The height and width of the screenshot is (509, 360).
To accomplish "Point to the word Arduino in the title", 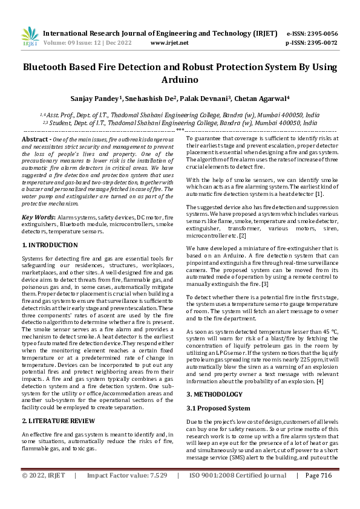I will (180, 79).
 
